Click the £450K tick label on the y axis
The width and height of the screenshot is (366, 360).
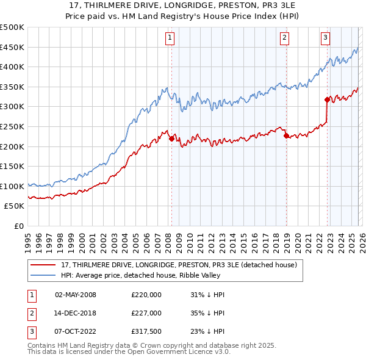coord(12,47)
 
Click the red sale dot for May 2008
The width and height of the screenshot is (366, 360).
coord(171,139)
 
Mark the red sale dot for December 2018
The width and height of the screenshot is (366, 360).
coord(286,135)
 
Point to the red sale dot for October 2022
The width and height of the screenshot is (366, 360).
coord(328,99)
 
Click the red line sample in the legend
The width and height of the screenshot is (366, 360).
coord(44,265)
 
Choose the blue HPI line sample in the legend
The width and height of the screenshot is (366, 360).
coord(44,275)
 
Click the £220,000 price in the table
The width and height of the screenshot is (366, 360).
coord(146,295)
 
